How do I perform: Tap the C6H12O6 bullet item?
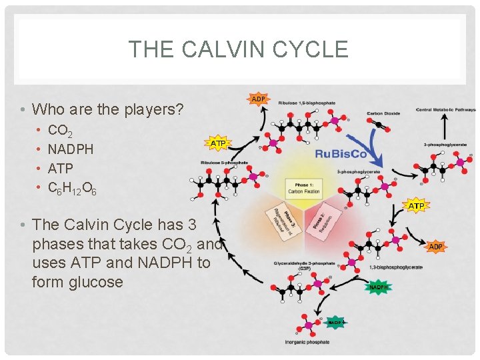pos(72,189)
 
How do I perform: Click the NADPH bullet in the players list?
pos(71,149)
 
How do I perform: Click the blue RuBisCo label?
pos(341,153)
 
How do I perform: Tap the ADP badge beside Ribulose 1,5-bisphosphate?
pos(258,99)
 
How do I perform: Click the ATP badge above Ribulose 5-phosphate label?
pos(217,143)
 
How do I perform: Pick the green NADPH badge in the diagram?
pos(378,287)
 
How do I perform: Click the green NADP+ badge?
pos(335,322)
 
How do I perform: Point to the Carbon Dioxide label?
pos(383,113)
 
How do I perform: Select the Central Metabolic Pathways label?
pos(445,109)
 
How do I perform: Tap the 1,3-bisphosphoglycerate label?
pos(396,267)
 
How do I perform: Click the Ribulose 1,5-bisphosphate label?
pos(307,103)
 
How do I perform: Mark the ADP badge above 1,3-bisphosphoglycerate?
pos(435,247)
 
